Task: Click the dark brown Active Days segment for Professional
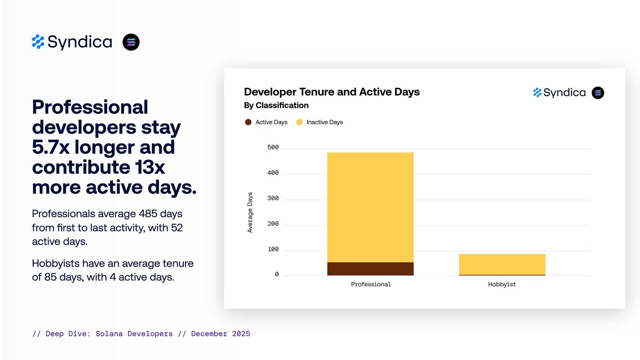pos(370,269)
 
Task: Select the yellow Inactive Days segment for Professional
pos(370,207)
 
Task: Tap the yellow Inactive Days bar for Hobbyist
pos(502,264)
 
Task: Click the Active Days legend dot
pos(248,122)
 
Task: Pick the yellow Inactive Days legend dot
pos(299,122)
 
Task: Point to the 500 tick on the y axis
pos(273,148)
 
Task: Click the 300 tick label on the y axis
pos(273,198)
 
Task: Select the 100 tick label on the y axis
pos(273,249)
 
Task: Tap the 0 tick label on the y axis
pos(276,275)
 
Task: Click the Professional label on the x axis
pos(371,284)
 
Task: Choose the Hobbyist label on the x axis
pos(502,284)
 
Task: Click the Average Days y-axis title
pos(250,212)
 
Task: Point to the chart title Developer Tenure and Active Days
pos(332,92)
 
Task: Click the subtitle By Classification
pos(276,106)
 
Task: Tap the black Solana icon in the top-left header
pos(131,42)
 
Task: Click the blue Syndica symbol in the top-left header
pos(38,42)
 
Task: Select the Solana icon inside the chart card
pos(598,93)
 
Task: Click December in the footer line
pos(209,334)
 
